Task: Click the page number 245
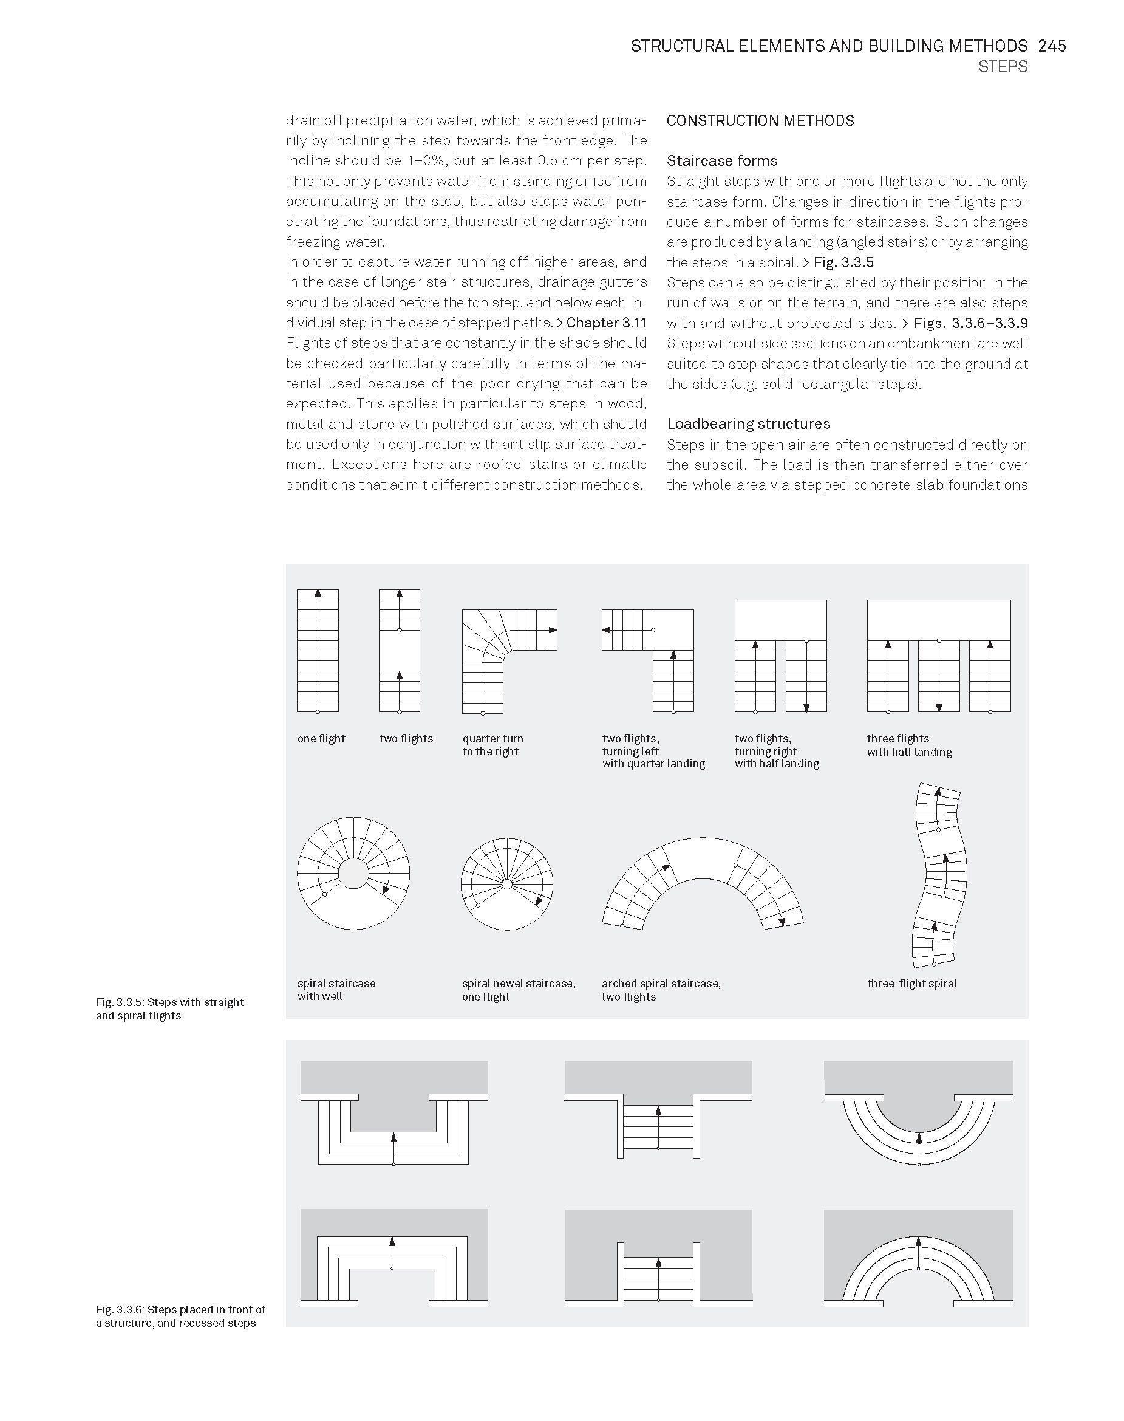click(x=1052, y=46)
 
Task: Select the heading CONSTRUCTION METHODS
click(x=760, y=120)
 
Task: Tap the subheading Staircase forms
click(x=722, y=160)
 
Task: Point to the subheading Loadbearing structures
click(x=748, y=423)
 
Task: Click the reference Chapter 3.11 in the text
click(x=606, y=323)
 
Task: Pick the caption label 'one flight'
click(x=321, y=738)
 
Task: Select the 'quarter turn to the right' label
click(x=492, y=745)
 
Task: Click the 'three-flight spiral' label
click(x=911, y=983)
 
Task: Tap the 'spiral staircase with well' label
click(x=336, y=990)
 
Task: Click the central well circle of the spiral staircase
click(x=353, y=874)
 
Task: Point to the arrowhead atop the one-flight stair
click(x=318, y=592)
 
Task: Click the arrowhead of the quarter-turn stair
click(x=553, y=630)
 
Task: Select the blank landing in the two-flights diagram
click(x=400, y=651)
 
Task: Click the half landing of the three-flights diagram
click(x=938, y=620)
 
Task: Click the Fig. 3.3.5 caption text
click(x=170, y=1008)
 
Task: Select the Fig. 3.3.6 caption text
click(x=180, y=1316)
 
